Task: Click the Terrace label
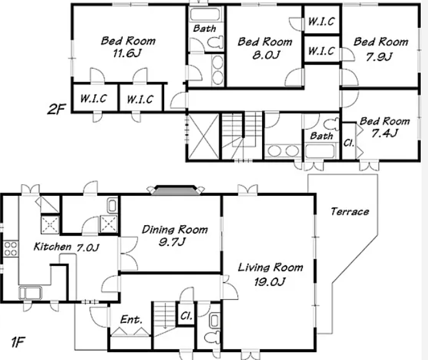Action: coord(350,211)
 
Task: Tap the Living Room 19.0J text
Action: coord(270,274)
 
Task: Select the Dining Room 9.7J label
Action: coord(174,235)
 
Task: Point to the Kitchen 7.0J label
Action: coord(66,247)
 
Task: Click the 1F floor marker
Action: coord(19,342)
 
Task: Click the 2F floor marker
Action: coord(56,110)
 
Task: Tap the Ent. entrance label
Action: coord(131,319)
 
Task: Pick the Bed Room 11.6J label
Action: coord(128,47)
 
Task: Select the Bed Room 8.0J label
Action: coord(265,48)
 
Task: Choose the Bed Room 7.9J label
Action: coord(381,49)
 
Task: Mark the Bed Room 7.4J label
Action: coord(385,127)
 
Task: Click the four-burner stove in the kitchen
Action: coord(10,248)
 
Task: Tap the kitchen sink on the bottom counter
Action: coord(30,293)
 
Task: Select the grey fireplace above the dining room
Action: coord(175,190)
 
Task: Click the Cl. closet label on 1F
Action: coord(186,316)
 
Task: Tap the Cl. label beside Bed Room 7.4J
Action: coord(349,143)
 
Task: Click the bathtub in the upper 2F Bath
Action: coord(205,14)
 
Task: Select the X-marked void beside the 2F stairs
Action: coord(203,136)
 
